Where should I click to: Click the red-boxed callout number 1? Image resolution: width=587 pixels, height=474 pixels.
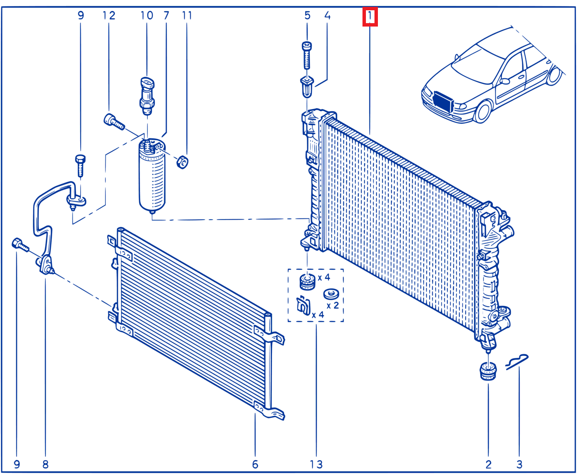pyautogui.click(x=370, y=17)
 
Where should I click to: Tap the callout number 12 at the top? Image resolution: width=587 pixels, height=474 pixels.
pyautogui.click(x=109, y=16)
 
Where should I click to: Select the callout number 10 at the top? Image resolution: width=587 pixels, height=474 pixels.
pyautogui.click(x=147, y=16)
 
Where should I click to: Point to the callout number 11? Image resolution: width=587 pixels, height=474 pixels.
pyautogui.click(x=187, y=16)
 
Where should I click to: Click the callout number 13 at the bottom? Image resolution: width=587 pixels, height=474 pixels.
pyautogui.click(x=316, y=464)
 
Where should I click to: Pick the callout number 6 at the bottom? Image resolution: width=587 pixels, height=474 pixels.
pyautogui.click(x=255, y=464)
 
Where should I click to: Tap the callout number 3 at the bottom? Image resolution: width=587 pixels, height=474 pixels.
pyautogui.click(x=519, y=464)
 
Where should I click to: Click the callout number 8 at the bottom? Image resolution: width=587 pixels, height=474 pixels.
pyautogui.click(x=45, y=464)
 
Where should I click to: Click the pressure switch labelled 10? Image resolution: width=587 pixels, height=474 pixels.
pyautogui.click(x=147, y=95)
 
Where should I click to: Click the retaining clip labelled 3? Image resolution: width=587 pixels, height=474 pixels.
pyautogui.click(x=517, y=362)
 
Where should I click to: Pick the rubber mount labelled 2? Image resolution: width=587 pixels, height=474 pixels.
pyautogui.click(x=488, y=371)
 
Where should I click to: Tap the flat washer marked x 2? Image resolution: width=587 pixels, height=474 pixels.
pyautogui.click(x=331, y=294)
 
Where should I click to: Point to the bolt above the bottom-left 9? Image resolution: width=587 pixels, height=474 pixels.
pyautogui.click(x=20, y=245)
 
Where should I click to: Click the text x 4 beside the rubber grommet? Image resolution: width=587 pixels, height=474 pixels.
pyautogui.click(x=324, y=277)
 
